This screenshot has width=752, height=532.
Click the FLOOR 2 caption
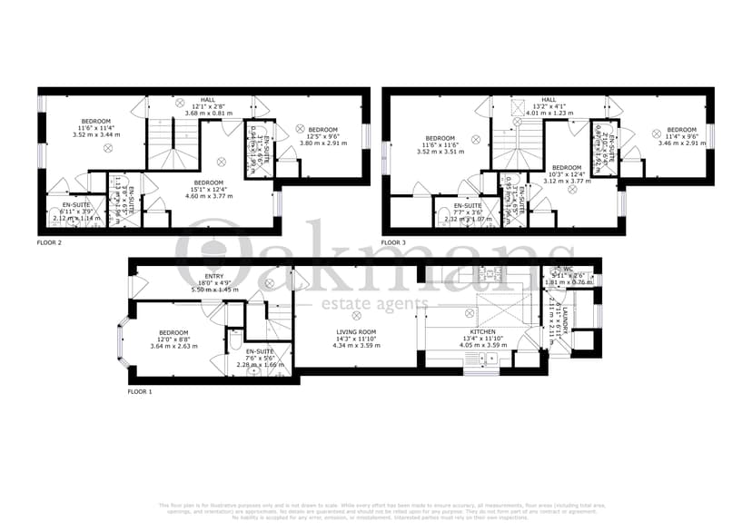(x=49, y=243)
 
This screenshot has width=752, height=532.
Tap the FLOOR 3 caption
(x=393, y=243)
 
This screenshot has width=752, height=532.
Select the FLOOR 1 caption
(x=140, y=391)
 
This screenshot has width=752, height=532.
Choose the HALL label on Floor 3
(x=548, y=100)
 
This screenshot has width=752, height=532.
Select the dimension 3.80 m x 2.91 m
(x=323, y=143)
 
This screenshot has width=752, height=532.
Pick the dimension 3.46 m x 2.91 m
(x=680, y=143)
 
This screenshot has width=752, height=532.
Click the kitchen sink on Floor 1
(x=481, y=360)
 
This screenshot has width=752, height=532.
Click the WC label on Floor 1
(x=568, y=270)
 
